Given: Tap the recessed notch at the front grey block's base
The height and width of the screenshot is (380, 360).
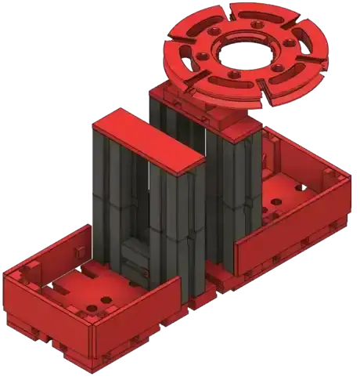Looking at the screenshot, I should (x=138, y=259).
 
